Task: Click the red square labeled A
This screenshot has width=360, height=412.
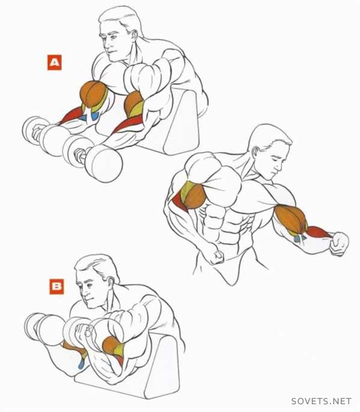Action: [x=55, y=62]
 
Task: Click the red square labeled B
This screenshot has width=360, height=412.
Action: [x=56, y=287]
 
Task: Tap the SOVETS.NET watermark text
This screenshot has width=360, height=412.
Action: [x=321, y=401]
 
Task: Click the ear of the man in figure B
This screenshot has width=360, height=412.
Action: [x=110, y=283]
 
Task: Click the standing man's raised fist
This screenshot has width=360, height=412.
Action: [x=339, y=243]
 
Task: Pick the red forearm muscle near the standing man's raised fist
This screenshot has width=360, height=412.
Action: [x=319, y=231]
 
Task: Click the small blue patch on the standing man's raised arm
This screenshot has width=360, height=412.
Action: [x=299, y=238]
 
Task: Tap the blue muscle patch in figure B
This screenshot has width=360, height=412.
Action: [x=81, y=363]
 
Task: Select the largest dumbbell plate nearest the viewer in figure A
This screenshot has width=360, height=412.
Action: [x=104, y=164]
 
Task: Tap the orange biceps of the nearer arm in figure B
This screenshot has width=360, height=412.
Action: [x=110, y=345]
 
